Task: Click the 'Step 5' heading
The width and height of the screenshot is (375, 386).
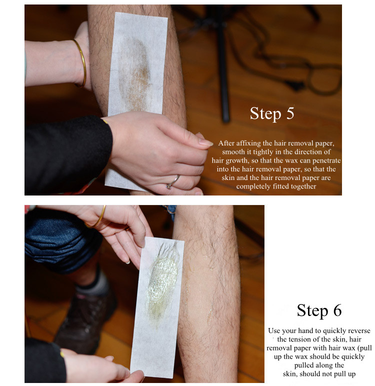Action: coord(272,113)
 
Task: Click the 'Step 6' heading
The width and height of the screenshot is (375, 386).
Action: coord(319,310)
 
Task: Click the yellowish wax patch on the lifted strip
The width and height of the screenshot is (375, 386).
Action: coord(162,283)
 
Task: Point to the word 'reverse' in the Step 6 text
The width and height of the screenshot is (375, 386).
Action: coord(359,331)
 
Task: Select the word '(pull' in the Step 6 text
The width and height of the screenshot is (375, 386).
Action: coord(365,348)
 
